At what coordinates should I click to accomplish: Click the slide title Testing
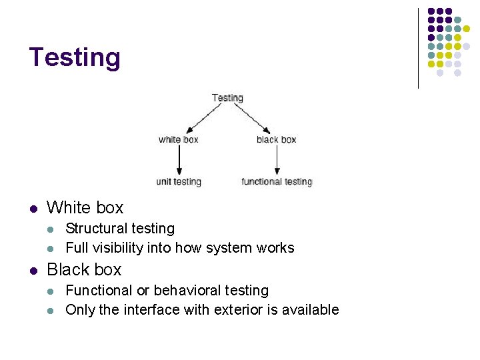coord(75,57)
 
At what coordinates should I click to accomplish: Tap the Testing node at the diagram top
coord(227,97)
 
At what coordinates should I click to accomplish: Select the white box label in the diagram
coord(179,139)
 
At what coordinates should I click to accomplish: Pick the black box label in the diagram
coord(276,139)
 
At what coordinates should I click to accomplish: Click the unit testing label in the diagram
coord(179,181)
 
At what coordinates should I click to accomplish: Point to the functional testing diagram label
coord(277,181)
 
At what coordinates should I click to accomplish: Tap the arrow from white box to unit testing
coord(179,160)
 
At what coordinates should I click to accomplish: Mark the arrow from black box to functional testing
coord(277,160)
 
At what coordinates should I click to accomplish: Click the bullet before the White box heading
coord(33,208)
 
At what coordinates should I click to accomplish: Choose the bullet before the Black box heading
coord(33,270)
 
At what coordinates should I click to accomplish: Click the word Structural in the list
coord(91,229)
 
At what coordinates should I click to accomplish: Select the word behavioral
coord(185,291)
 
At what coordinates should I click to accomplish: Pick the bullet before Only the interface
coord(51,310)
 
